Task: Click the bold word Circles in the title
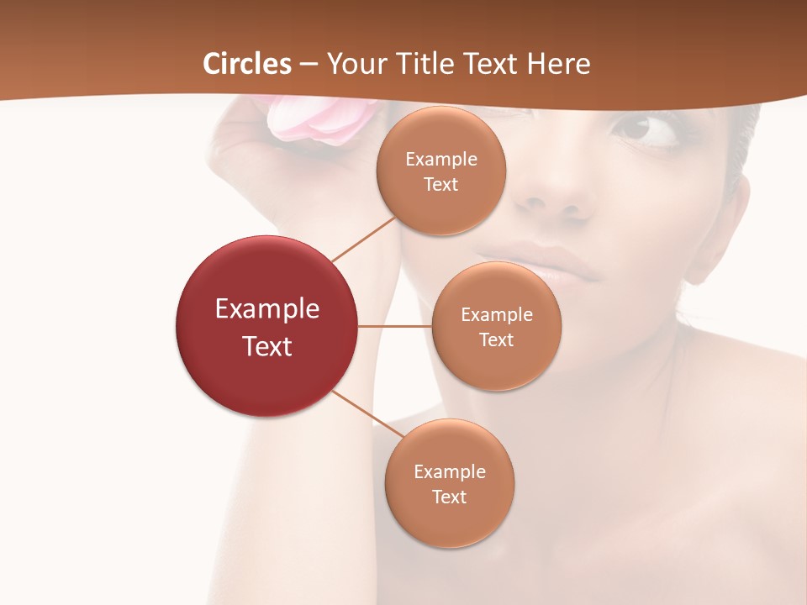point(247,64)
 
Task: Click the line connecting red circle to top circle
point(363,239)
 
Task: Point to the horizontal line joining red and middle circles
point(394,326)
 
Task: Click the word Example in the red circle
point(267,309)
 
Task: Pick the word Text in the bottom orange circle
point(449,497)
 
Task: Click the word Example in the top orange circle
point(440,160)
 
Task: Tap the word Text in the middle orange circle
point(496,339)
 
